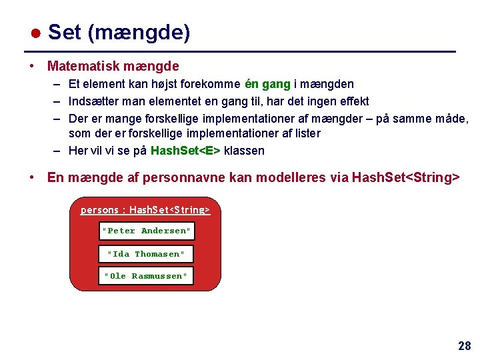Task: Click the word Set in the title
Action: pos(65,32)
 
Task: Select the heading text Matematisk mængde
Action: pos(113,67)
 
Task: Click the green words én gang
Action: pos(268,84)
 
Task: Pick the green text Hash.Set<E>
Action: pos(186,151)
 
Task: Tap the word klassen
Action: pos(244,151)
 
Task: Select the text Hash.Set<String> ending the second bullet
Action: pos(405,177)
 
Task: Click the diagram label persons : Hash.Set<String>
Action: pos(145,210)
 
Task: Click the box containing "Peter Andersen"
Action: pos(146,231)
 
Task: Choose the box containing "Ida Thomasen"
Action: pos(146,254)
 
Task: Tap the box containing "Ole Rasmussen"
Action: pos(146,276)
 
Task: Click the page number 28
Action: pos(464,346)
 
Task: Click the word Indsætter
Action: pos(95,101)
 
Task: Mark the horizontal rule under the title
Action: pos(240,52)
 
